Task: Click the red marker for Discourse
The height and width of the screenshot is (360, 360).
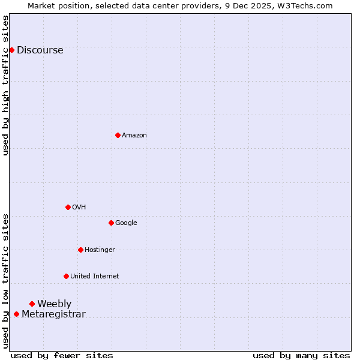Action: [x=11, y=50]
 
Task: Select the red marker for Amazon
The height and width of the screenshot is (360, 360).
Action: [x=118, y=135]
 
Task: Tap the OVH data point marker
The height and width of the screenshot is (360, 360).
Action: [x=68, y=207]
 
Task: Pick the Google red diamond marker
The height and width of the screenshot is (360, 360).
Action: [x=111, y=223]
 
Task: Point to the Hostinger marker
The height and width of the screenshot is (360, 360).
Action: [x=80, y=250]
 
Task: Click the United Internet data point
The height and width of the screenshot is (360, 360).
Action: [x=66, y=276]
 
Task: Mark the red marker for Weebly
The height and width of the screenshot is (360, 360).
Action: [x=32, y=304]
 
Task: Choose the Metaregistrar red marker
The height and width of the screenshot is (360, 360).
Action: [x=16, y=314]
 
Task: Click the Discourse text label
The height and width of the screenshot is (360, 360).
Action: [x=40, y=50]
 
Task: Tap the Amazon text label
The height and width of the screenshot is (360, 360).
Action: [x=134, y=136]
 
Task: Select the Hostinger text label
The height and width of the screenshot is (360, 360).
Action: [x=100, y=250]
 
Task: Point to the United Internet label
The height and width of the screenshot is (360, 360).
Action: [x=95, y=276]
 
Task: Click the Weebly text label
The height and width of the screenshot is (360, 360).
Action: [x=55, y=304]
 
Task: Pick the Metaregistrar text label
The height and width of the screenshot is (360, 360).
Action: [x=54, y=314]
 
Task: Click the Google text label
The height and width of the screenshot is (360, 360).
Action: [x=126, y=223]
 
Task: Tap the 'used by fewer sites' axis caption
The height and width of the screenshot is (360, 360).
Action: [x=62, y=355]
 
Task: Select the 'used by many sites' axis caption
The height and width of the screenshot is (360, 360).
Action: [x=301, y=355]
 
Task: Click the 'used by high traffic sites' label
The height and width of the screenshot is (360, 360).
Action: [x=6, y=85]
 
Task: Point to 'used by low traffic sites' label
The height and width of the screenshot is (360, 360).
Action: [x=6, y=280]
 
